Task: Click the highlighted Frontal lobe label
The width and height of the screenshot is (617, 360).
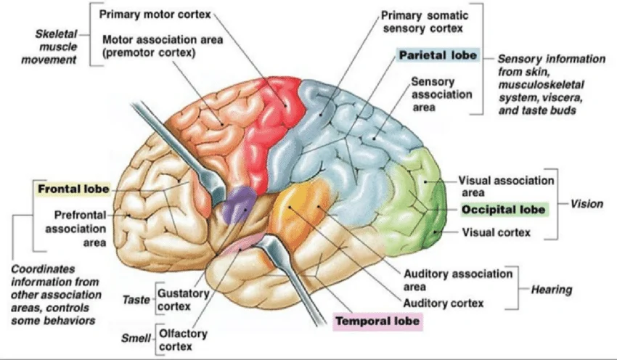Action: pos(73,189)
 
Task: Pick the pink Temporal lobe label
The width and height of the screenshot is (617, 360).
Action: pos(377,319)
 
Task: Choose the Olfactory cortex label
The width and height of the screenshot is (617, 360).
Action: pos(182,340)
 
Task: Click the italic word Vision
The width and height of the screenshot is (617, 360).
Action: pos(586,204)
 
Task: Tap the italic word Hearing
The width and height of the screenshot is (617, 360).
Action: pos(550,290)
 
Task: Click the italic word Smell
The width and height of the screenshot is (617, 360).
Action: pos(134,339)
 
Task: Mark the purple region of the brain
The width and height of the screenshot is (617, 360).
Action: pos(239,204)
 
